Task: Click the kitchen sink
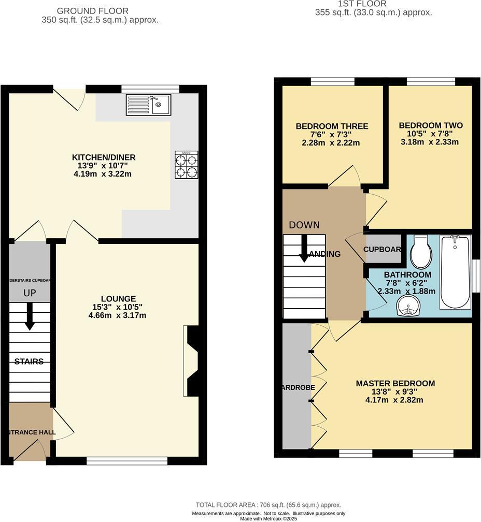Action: tap(148, 105)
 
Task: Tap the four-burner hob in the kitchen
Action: tap(186, 165)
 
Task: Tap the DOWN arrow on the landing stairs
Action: tap(304, 249)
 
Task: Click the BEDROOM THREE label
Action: tap(332, 126)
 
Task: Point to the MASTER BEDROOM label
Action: tap(395, 384)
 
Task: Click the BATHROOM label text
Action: tap(407, 274)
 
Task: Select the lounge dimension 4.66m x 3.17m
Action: tap(118, 315)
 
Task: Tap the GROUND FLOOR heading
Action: tap(92, 11)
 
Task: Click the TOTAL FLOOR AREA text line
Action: tap(268, 505)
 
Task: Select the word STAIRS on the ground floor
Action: tap(29, 361)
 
